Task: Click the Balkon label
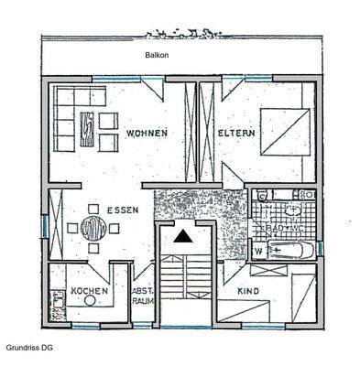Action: coord(157,55)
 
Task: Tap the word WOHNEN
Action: coord(147,134)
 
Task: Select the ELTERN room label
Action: coord(235,134)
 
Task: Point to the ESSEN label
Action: coord(123,210)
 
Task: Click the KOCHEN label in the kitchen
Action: coord(90,290)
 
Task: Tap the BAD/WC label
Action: coord(280,225)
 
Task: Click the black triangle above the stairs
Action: coord(184,236)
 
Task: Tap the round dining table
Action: coord(93,226)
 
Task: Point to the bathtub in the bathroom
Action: coord(291,249)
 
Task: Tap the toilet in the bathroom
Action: coord(302,195)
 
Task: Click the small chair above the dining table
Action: coord(92,205)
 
